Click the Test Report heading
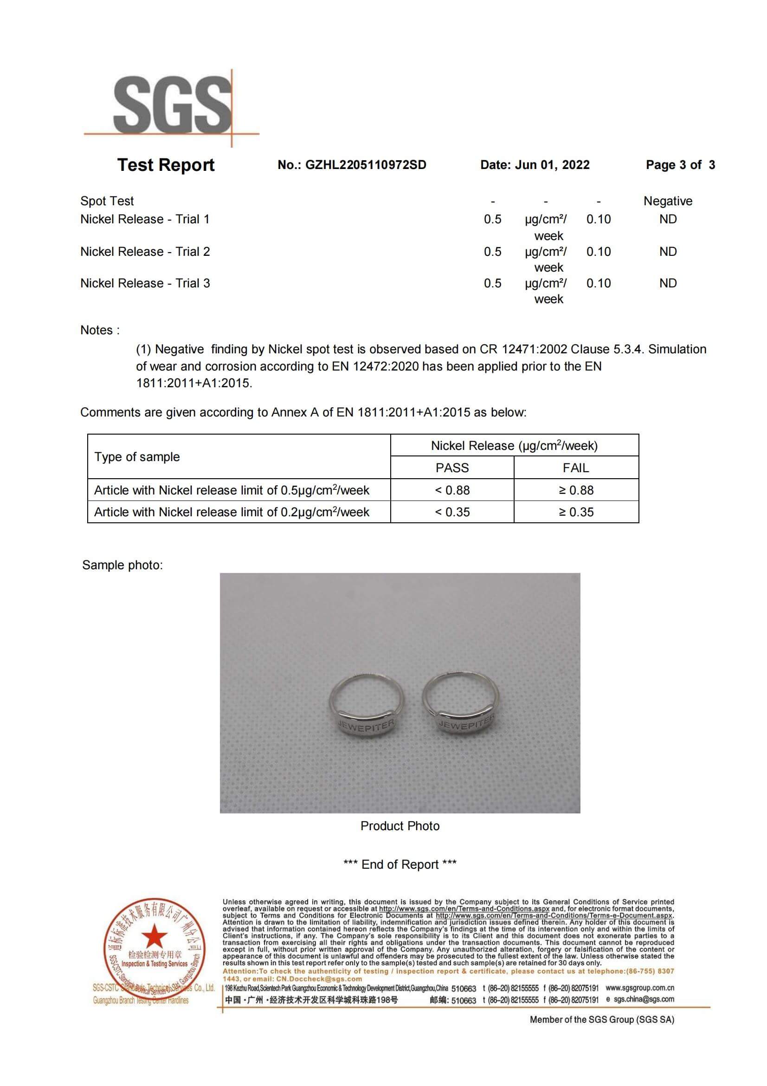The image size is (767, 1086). pyautogui.click(x=165, y=165)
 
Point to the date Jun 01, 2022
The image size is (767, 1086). pyautogui.click(x=552, y=165)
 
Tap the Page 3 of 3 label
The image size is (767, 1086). pyautogui.click(x=680, y=165)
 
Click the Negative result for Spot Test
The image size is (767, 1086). pyautogui.click(x=667, y=201)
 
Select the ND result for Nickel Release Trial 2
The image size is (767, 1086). pyautogui.click(x=667, y=252)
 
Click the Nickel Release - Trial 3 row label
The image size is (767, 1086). pyautogui.click(x=145, y=283)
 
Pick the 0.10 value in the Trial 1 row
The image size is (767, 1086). pyautogui.click(x=598, y=220)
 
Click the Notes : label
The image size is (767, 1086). pyautogui.click(x=100, y=330)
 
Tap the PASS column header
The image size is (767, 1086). pyautogui.click(x=452, y=468)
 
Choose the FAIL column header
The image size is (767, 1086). pyautogui.click(x=576, y=468)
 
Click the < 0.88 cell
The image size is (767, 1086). pyautogui.click(x=452, y=490)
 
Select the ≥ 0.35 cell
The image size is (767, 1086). pyautogui.click(x=576, y=512)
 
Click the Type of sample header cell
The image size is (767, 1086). pyautogui.click(x=137, y=457)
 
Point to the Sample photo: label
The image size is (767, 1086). pyautogui.click(x=122, y=565)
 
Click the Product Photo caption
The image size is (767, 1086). pyautogui.click(x=400, y=826)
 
